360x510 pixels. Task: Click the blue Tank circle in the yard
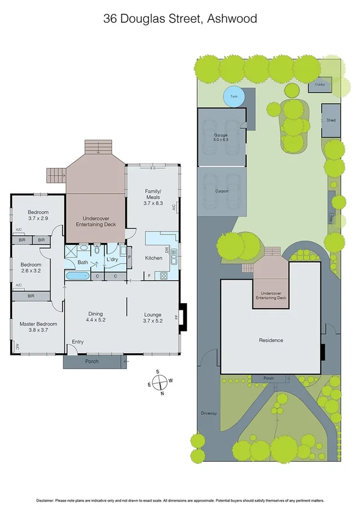tap(234, 96)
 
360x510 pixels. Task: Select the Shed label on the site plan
tap(331, 120)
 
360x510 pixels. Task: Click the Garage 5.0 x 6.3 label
tap(221, 138)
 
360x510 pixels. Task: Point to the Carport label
tap(222, 191)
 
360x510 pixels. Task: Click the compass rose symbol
tap(158, 382)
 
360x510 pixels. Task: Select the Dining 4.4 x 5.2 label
tap(95, 316)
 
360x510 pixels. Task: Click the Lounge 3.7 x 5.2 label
tap(153, 316)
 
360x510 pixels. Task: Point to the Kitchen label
tap(154, 258)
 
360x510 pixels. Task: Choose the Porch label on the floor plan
tap(91, 361)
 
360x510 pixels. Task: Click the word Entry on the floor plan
tap(78, 342)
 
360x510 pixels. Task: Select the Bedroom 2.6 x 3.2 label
tap(31, 268)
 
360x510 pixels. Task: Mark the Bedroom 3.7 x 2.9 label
tap(38, 215)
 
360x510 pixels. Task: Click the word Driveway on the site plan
tap(208, 414)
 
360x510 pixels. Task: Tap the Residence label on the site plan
tap(272, 340)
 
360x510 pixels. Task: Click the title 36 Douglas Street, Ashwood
tap(180, 19)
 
